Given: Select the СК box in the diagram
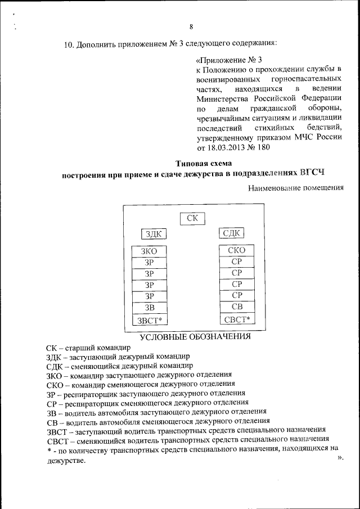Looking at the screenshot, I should pyautogui.click(x=192, y=218).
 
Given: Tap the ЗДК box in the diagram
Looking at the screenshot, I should pyautogui.click(x=154, y=234).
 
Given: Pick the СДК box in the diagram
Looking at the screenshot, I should pyautogui.click(x=231, y=233).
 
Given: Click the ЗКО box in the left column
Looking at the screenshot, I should pyautogui.click(x=149, y=251).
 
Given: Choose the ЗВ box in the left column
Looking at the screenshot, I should pyautogui.click(x=149, y=307).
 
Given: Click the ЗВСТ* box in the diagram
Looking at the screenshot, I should pyautogui.click(x=149, y=321).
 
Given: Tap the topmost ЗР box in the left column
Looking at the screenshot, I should pyautogui.click(x=149, y=263).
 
